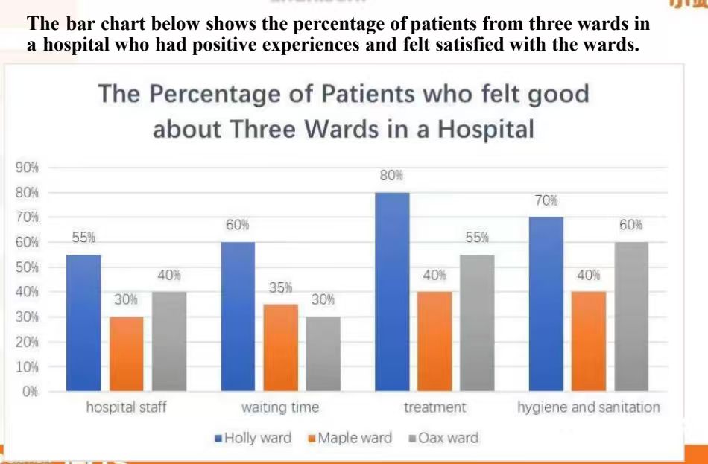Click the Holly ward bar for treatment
point(392,291)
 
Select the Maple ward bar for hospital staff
point(127,354)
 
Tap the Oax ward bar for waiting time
point(323,354)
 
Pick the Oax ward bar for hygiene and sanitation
point(631,317)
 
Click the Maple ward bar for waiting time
point(281,348)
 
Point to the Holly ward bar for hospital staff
point(83,322)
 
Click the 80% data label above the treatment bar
point(391,176)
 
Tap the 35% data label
point(281,287)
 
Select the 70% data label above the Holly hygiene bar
point(546,200)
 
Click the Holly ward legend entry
point(253,438)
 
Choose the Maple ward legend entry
point(350,438)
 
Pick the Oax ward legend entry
point(443,438)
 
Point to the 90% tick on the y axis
point(28,168)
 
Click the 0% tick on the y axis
point(31,391)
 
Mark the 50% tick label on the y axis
point(28,267)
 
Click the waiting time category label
point(280,407)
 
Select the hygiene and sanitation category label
point(589,407)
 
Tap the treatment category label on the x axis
point(434,407)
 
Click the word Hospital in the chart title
point(486,129)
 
